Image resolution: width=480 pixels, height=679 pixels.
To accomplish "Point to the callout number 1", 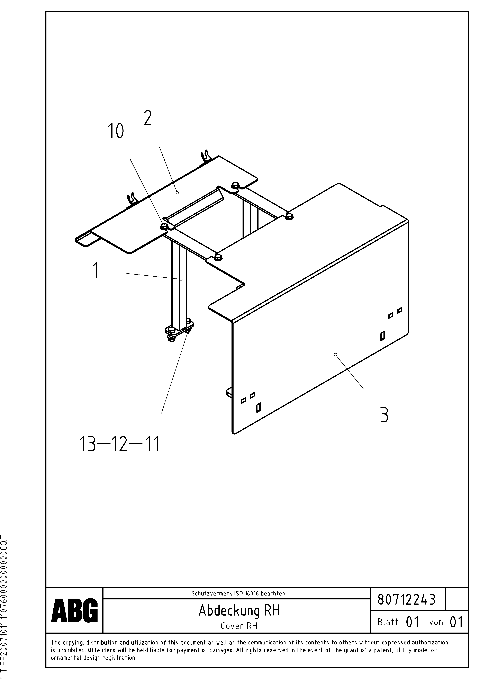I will pos(96,270).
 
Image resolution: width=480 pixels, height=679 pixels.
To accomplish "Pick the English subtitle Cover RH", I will pos(239,626).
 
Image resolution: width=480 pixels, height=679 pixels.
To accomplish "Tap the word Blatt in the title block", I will pos(388,622).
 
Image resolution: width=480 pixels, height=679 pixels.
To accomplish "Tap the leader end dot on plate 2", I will pos(177,193).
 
